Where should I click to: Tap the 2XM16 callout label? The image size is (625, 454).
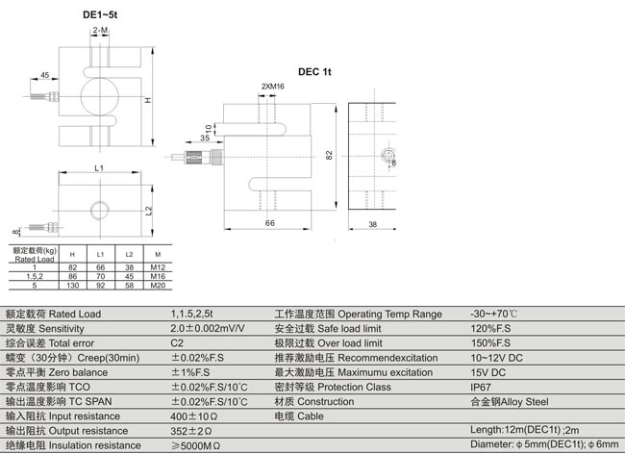tap(272, 88)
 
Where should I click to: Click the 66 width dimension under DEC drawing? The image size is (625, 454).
tap(269, 223)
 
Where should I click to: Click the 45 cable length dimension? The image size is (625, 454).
tap(45, 75)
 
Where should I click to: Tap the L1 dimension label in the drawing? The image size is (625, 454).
tap(98, 168)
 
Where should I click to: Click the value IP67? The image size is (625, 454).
tap(482, 386)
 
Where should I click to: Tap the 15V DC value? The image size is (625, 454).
tap(487, 371)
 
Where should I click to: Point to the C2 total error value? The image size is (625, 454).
tap(177, 342)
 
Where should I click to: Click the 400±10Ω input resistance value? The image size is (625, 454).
tap(196, 416)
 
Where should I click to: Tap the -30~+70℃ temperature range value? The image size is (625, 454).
tap(494, 314)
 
